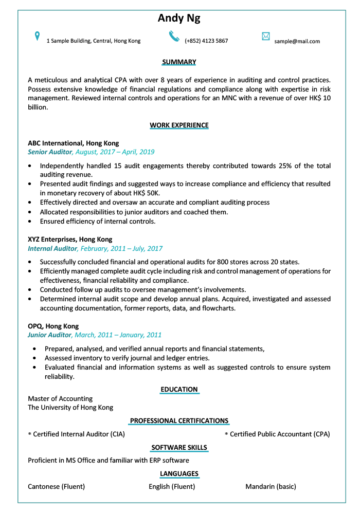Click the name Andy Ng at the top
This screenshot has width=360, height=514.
(179, 19)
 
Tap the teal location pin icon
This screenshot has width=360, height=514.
(37, 36)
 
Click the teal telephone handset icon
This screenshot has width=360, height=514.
(174, 36)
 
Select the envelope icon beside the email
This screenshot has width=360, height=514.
(266, 36)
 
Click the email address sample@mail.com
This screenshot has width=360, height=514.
(297, 41)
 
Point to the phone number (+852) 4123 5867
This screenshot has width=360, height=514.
(206, 41)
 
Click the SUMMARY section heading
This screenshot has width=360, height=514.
(179, 62)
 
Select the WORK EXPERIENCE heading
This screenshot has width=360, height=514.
(179, 125)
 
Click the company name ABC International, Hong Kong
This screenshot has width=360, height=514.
(73, 143)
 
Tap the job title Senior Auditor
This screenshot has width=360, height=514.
(50, 152)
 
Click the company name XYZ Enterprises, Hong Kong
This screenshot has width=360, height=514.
(70, 240)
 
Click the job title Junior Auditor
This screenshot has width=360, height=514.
(49, 335)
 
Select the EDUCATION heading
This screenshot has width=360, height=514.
(179, 390)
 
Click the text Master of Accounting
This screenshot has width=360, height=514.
(60, 399)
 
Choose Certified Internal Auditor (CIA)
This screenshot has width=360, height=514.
(78, 434)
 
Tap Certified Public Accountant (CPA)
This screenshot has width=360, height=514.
(279, 434)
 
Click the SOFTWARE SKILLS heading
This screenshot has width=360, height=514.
(179, 448)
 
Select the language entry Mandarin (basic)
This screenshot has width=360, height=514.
(271, 487)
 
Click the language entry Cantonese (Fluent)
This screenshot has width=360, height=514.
(56, 487)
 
